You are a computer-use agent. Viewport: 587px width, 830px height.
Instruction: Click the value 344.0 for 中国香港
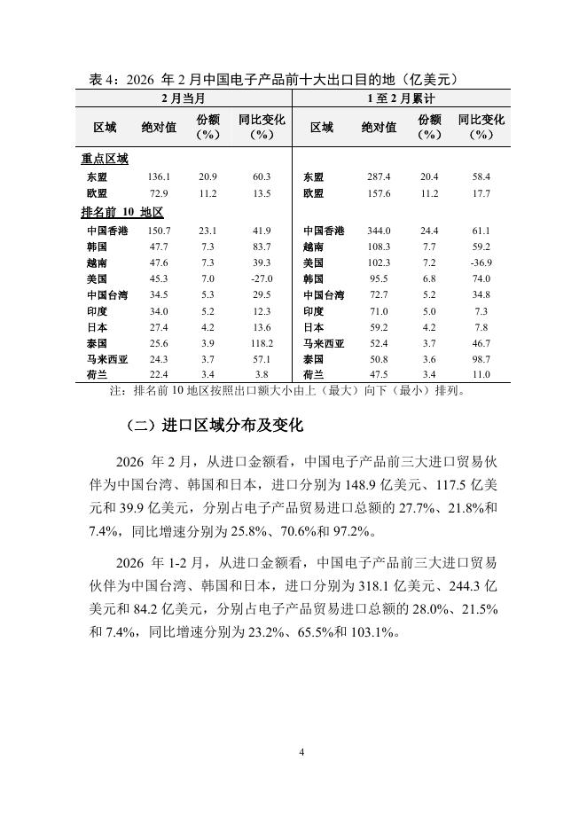click(379, 231)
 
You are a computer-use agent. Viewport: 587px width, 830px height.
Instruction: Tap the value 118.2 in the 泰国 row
click(262, 342)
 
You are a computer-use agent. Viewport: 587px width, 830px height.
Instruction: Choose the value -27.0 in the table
click(262, 278)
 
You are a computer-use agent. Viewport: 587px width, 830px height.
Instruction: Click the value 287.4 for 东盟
click(379, 177)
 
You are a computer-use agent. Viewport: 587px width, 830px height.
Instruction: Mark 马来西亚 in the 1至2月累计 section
click(324, 342)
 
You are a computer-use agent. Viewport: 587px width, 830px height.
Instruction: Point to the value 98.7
click(481, 358)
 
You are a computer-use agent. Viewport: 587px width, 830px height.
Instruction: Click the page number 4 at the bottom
click(301, 752)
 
